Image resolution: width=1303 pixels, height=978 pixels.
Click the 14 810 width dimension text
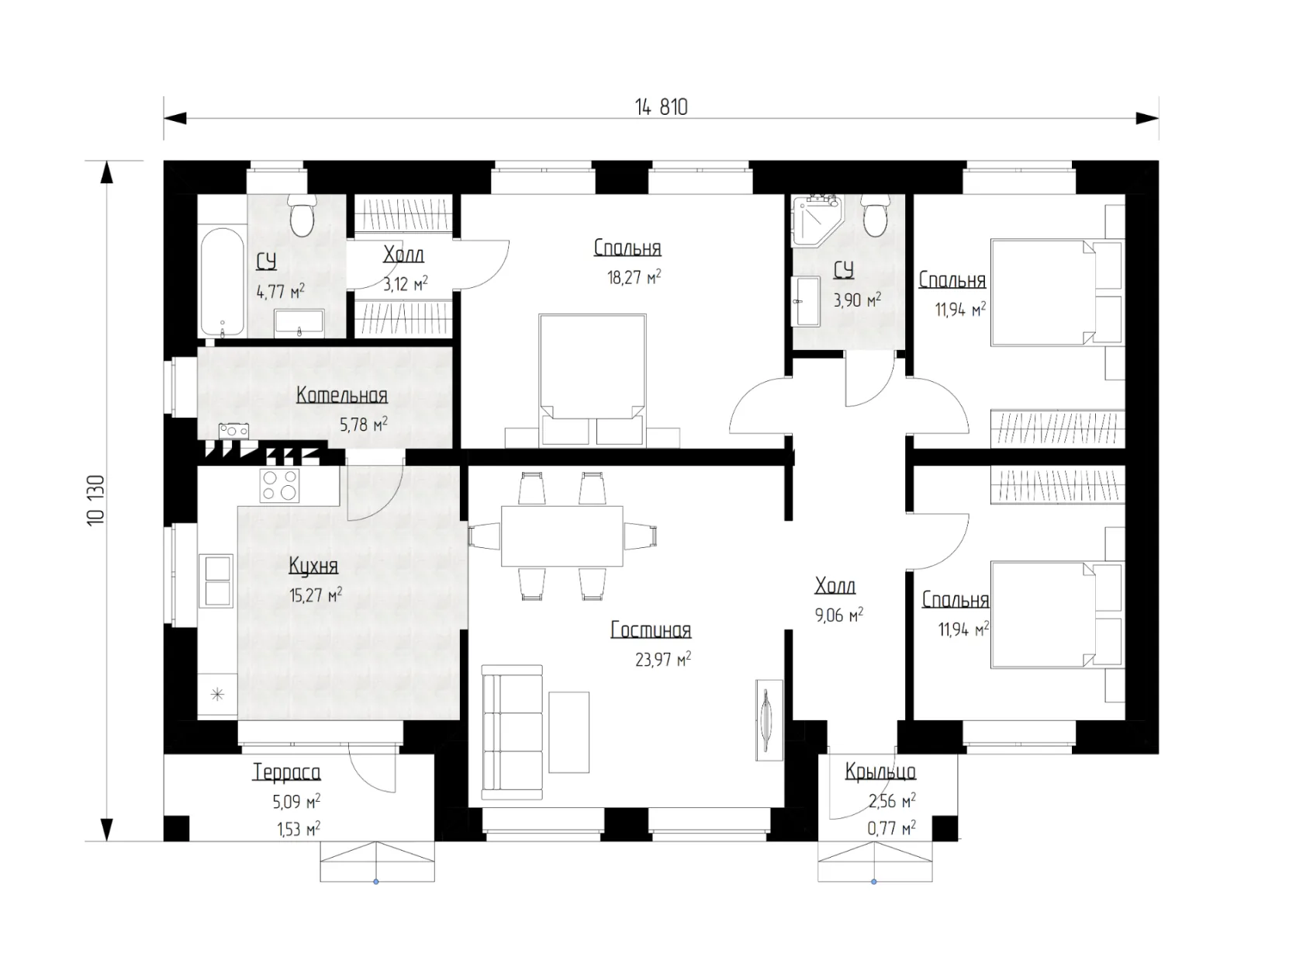tap(661, 107)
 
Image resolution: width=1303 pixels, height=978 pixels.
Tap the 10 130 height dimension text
tap(96, 499)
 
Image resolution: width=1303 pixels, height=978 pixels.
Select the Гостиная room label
tap(651, 629)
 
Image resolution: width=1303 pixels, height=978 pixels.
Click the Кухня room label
tap(313, 567)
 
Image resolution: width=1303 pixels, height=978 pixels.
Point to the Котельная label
tap(342, 395)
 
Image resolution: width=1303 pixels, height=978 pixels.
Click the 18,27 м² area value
tap(634, 277)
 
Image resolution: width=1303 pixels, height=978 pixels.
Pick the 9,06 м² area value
tap(838, 616)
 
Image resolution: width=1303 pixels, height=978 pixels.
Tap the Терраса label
tap(287, 772)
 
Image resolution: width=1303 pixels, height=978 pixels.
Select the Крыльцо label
tap(880, 772)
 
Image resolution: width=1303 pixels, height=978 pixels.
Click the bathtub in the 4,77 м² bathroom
tap(222, 282)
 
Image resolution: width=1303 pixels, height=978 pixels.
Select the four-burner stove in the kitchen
tap(280, 485)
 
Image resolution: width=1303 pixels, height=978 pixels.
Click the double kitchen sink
tap(216, 581)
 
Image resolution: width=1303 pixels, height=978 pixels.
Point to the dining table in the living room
tap(562, 536)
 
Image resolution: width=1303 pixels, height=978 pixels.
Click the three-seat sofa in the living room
tap(512, 733)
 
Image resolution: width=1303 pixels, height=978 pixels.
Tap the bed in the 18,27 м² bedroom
tap(592, 380)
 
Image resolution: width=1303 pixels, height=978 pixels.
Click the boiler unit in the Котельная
tap(234, 431)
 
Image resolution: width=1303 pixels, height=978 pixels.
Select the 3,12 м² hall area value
tap(406, 284)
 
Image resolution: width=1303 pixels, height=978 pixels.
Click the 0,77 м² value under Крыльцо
tap(891, 827)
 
